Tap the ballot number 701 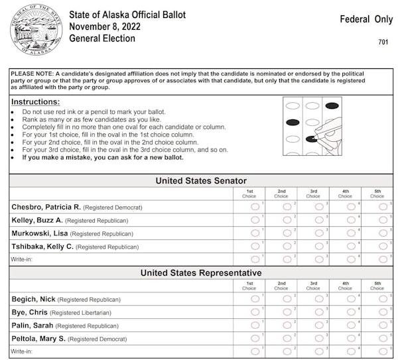click(x=383, y=42)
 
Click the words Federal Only click(x=366, y=19)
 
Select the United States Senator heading click(x=201, y=180)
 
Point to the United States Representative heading click(x=201, y=272)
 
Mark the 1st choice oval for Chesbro click(x=255, y=207)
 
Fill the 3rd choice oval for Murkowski click(x=319, y=233)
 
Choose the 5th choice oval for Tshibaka click(x=383, y=246)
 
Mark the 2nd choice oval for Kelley click(x=287, y=219)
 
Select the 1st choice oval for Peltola click(x=255, y=338)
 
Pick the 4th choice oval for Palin click(x=351, y=325)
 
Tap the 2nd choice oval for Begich click(x=287, y=299)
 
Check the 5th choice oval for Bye click(x=383, y=312)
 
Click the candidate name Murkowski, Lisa click(x=39, y=233)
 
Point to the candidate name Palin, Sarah click(x=32, y=325)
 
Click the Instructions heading click(x=36, y=102)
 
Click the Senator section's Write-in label click(x=21, y=259)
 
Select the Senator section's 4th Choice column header click(x=345, y=194)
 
